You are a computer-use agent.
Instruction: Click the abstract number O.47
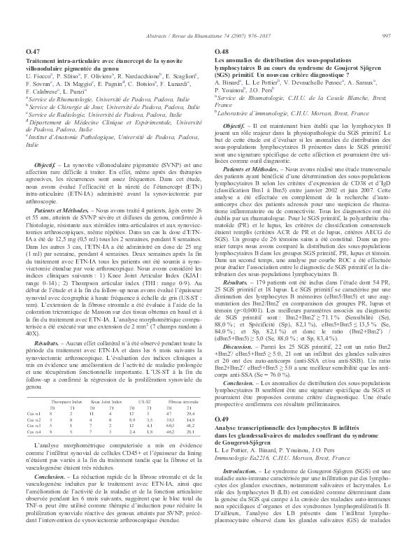pos(32,52)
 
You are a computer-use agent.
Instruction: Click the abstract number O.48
pos(221,52)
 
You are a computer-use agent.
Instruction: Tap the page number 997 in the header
pos(385,36)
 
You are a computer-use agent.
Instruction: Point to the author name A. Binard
pos(229,82)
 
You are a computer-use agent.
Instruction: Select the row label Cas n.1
pos(34,376)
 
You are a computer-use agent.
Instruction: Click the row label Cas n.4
pos(34,394)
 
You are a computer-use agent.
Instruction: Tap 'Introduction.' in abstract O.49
pos(239,452)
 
